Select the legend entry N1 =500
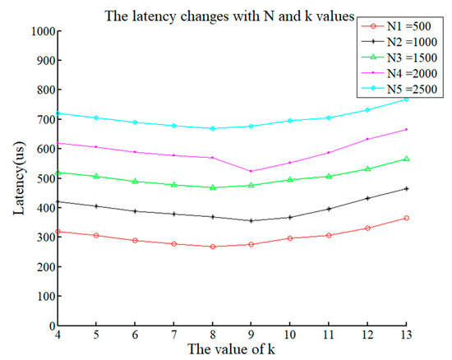pos(395,29)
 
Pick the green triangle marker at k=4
pos(57,173)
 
